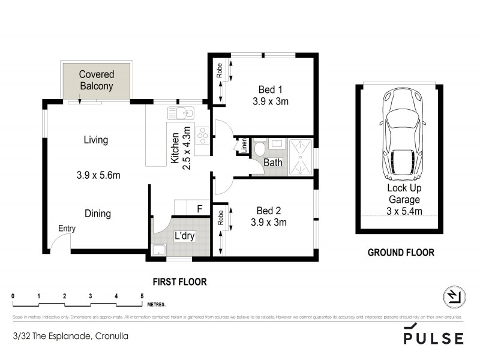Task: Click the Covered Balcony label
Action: tap(97, 80)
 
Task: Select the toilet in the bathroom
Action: tap(260, 149)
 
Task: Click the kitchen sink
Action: tap(179, 112)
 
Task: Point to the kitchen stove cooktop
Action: tap(202, 135)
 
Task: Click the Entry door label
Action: tap(67, 229)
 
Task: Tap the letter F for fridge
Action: tap(200, 209)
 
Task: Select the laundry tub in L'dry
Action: tap(160, 250)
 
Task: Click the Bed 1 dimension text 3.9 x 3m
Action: tap(271, 101)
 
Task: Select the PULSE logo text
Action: tap(434, 337)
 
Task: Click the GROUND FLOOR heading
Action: tap(400, 253)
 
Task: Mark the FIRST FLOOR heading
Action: tap(179, 281)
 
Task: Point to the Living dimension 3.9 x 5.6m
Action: tap(99, 176)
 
